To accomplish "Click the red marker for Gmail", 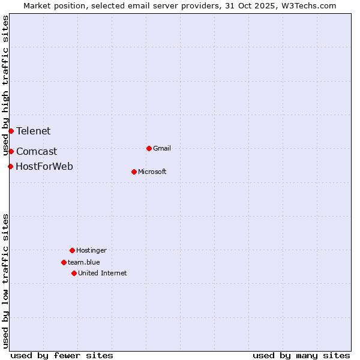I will click(149, 148).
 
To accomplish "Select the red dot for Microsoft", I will click(134, 172).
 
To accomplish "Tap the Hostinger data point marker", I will click(72, 250).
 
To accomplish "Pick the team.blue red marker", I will click(64, 262).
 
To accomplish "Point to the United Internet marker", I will click(74, 273).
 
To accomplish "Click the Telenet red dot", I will click(11, 131).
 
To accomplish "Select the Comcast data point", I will click(11, 151).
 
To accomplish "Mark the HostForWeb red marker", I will click(10, 166).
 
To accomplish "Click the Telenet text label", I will click(33, 131).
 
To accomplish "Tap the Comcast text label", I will click(37, 152).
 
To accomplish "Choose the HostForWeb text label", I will click(44, 166).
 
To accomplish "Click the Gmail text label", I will click(162, 148).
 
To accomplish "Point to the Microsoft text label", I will click(152, 172).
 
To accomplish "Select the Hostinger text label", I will click(91, 250).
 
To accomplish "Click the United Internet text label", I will click(102, 273).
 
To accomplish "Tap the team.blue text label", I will click(84, 262).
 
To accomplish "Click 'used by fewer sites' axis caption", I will click(62, 355).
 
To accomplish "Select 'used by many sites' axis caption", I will click(301, 355).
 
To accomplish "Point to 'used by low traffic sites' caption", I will click(6, 281).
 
